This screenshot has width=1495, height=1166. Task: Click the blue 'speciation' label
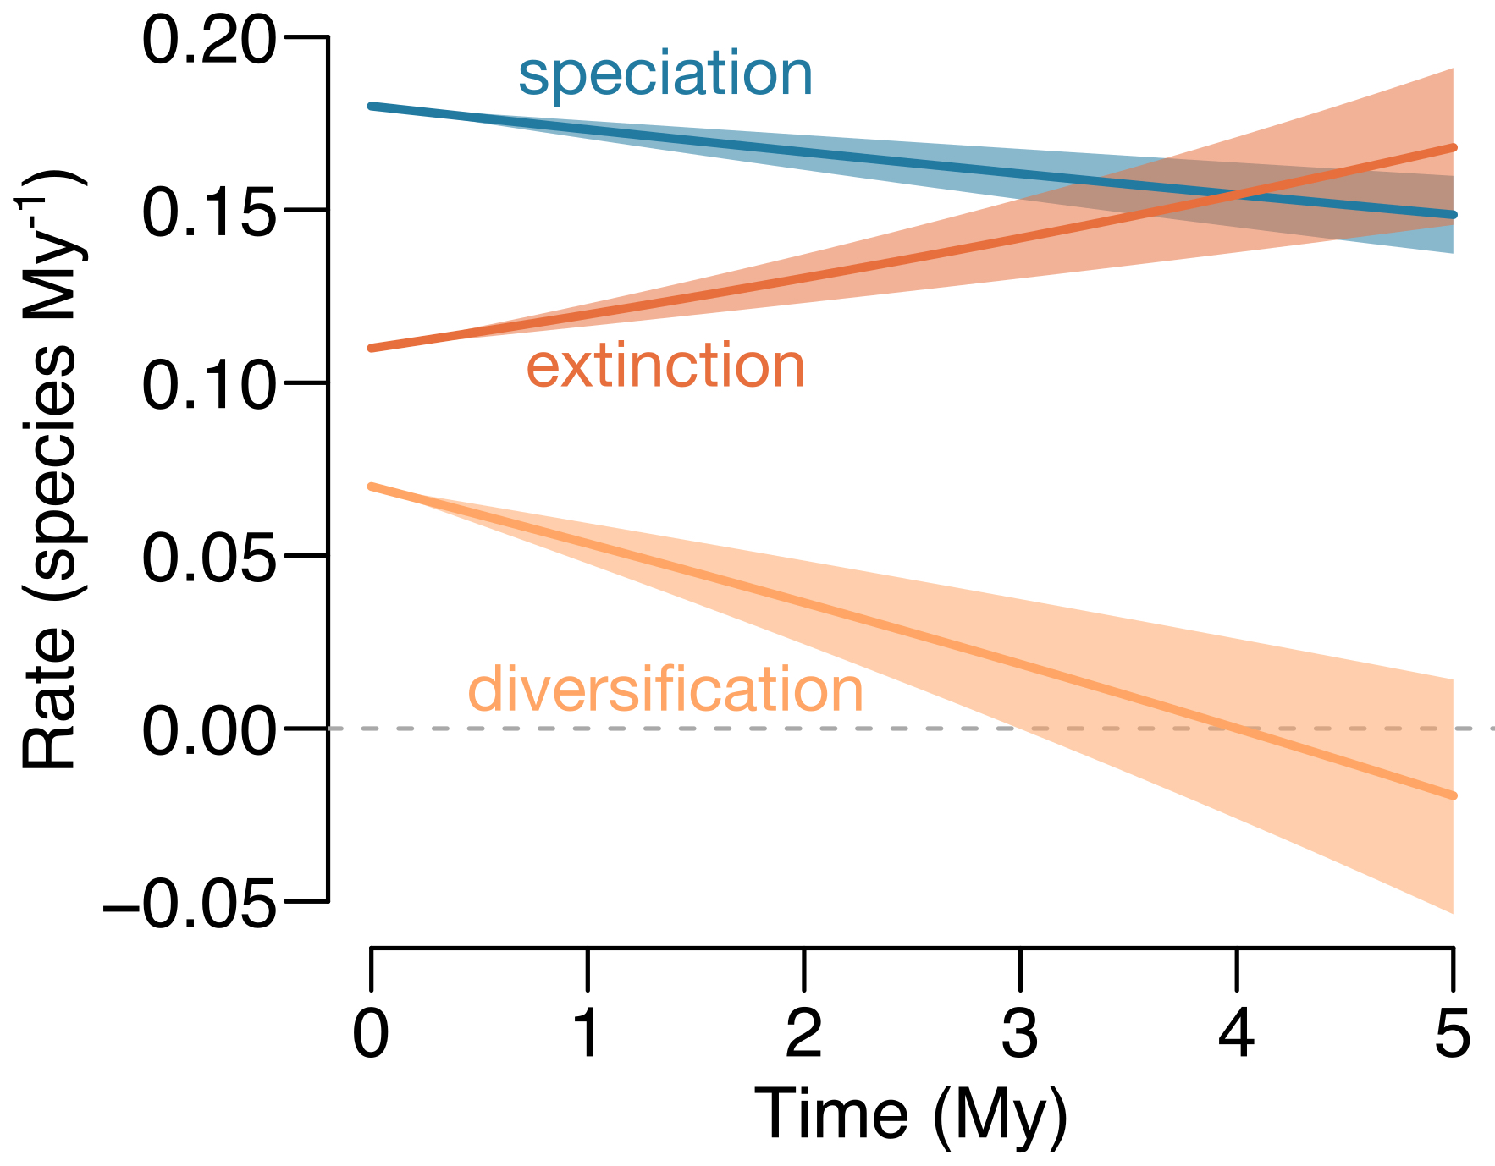tap(665, 74)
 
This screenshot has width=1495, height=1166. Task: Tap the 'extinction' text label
tap(665, 367)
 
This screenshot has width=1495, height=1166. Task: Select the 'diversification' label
tap(665, 690)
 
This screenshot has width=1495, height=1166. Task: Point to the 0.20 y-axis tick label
tap(208, 41)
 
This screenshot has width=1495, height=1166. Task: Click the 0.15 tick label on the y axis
tap(208, 213)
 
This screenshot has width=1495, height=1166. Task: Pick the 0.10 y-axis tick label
tap(208, 386)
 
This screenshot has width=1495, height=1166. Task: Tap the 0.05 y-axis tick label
tap(208, 558)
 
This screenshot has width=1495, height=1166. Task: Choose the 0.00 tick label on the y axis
tap(208, 731)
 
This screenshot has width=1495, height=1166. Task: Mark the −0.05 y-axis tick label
tap(190, 905)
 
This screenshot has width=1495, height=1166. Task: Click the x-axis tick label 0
tap(371, 1034)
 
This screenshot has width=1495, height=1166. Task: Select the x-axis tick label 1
tap(587, 1034)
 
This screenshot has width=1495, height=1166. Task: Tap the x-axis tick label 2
tap(803, 1034)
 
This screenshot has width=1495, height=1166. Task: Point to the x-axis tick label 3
tap(1020, 1034)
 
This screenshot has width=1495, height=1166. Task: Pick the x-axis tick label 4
tap(1236, 1034)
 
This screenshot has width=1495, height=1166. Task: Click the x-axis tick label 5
tap(1453, 1034)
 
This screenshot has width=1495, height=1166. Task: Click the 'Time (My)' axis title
tap(911, 1115)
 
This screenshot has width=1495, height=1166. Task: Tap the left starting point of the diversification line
tap(372, 487)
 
